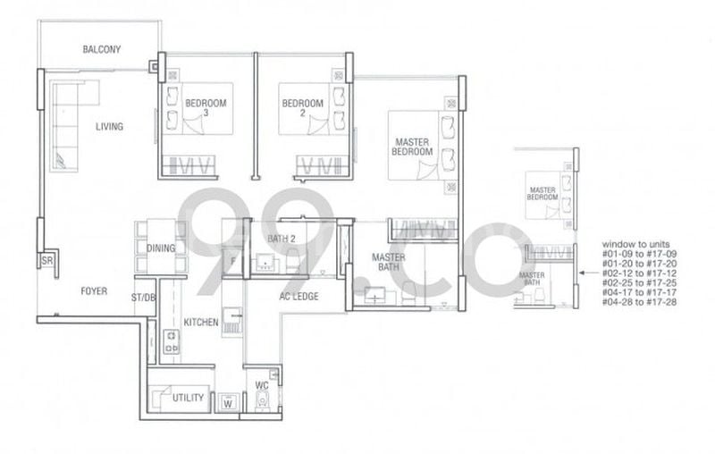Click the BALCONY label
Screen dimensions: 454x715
coord(101,49)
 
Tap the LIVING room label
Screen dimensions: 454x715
coord(109,127)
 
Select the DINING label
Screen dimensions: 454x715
coord(162,248)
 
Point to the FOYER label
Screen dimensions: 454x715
coord(94,290)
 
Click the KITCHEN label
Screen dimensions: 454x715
coord(201,322)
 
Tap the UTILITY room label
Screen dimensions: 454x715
coord(188,398)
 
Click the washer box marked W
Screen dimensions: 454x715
coord(229,403)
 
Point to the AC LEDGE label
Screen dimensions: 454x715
coord(299,297)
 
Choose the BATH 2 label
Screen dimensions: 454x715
coord(282,239)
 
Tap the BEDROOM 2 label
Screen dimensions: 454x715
coord(301,108)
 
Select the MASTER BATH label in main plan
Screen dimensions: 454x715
coord(389,263)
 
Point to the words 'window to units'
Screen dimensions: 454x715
coord(630,244)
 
